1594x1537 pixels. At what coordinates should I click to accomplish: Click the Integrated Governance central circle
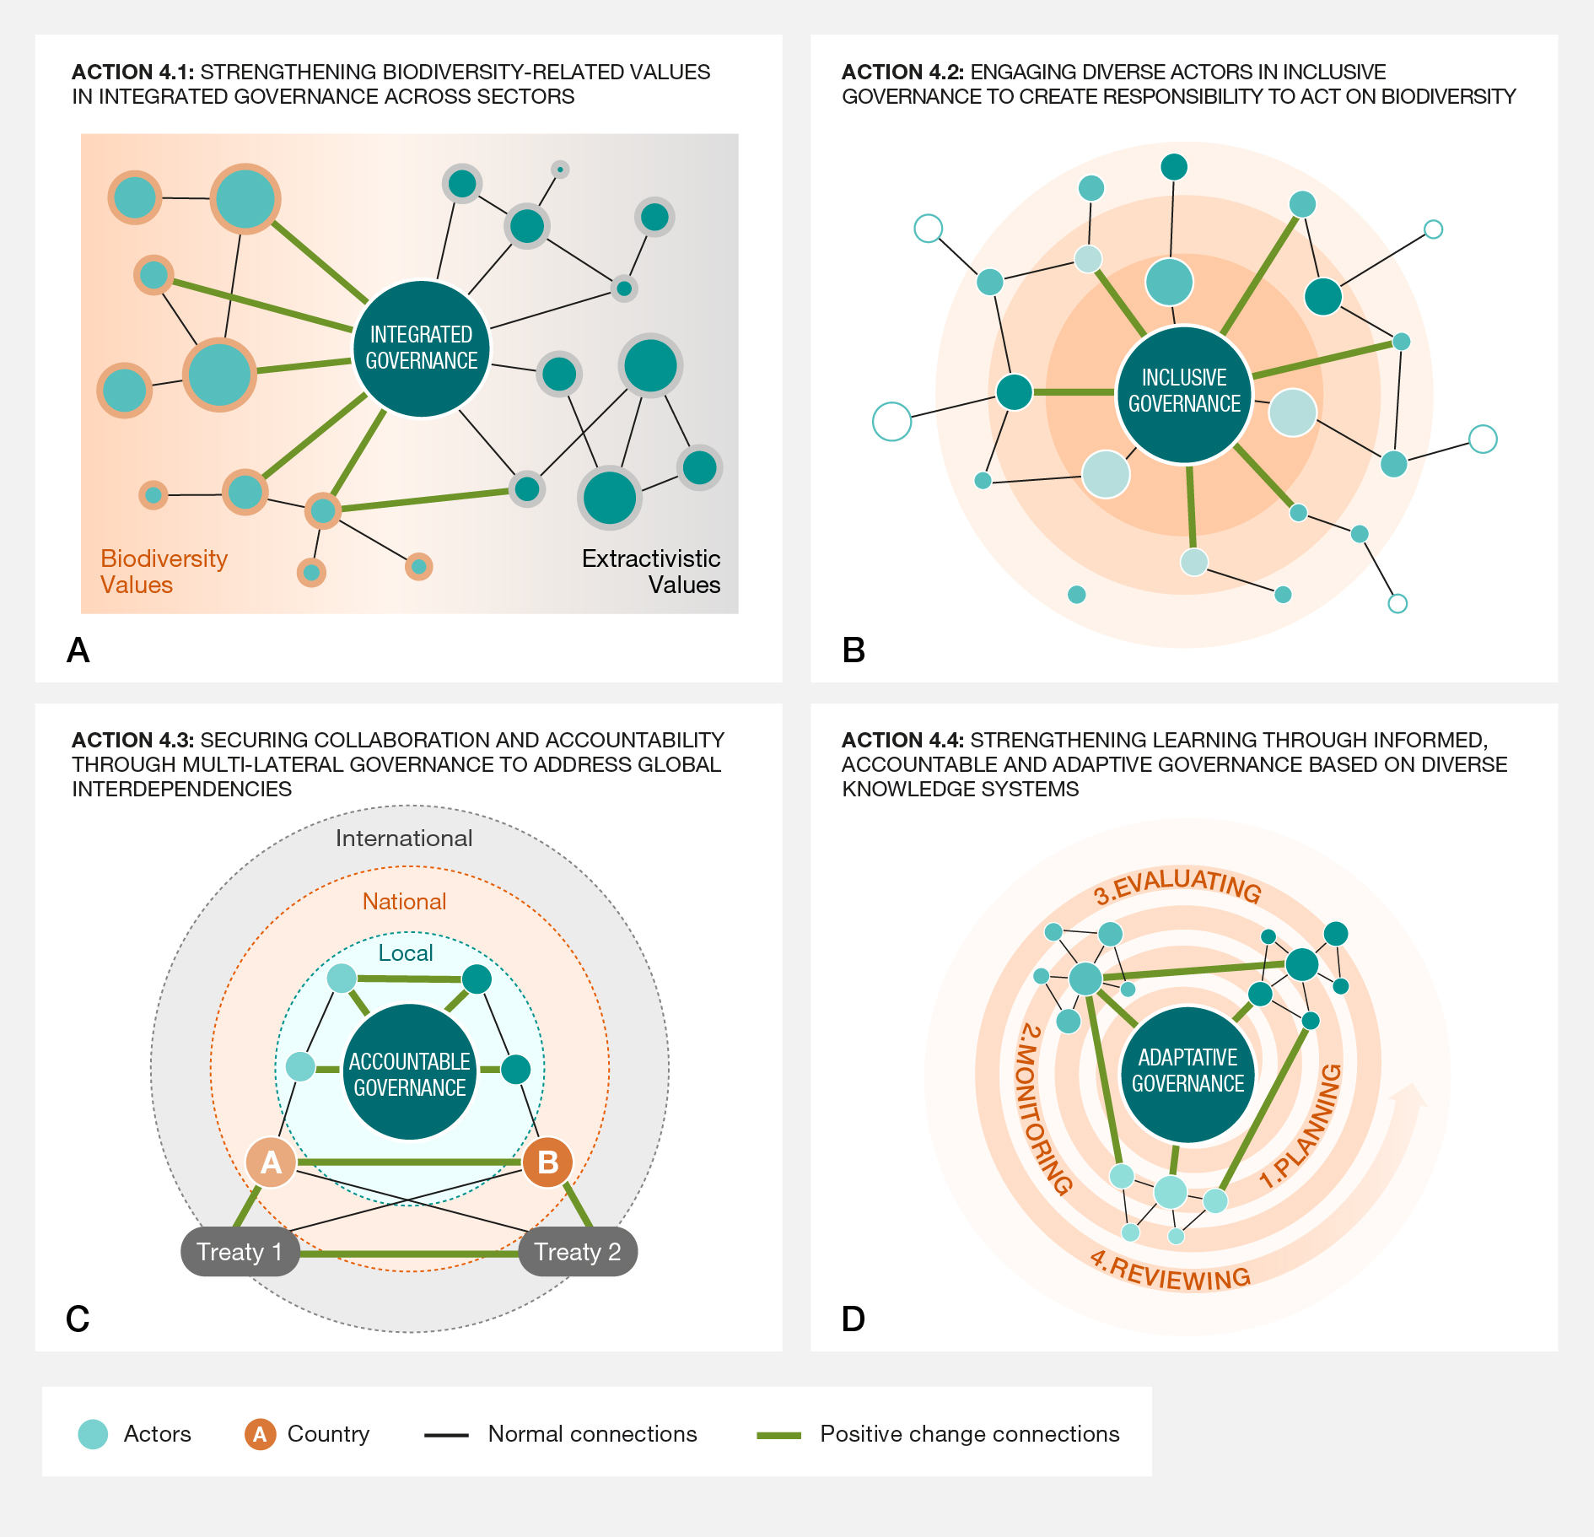(421, 348)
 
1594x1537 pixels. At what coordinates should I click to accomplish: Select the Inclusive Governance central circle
(1184, 391)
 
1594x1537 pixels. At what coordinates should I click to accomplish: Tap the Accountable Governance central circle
(410, 1073)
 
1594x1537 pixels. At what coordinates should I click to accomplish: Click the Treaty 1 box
(240, 1252)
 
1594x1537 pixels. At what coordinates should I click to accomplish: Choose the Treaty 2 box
(578, 1252)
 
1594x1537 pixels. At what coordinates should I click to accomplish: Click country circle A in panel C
(271, 1162)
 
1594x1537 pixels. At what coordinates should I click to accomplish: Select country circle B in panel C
(547, 1162)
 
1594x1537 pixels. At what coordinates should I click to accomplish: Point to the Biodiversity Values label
(164, 571)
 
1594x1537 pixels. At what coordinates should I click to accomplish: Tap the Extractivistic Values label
(651, 571)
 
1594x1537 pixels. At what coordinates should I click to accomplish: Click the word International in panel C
(404, 839)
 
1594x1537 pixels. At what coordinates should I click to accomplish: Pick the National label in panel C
(404, 902)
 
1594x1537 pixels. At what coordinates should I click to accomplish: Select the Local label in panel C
(406, 953)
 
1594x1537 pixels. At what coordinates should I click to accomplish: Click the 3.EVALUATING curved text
(1177, 884)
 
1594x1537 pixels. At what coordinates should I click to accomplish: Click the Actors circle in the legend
(93, 1434)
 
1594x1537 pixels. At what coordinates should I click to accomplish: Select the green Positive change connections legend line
(778, 1435)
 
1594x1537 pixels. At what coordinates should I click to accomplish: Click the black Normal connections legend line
(446, 1435)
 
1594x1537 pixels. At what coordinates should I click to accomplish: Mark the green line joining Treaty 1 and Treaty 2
(409, 1254)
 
